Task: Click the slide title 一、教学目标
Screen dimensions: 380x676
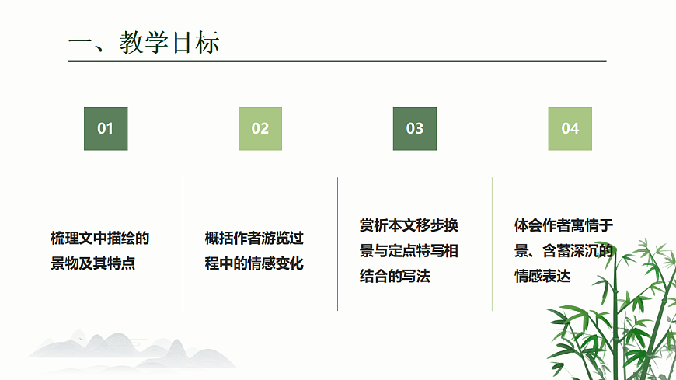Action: coord(144,42)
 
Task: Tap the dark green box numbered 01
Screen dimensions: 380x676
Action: coord(106,128)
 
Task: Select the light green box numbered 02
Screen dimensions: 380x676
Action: coord(260,128)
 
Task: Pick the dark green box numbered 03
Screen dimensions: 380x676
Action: coord(415,128)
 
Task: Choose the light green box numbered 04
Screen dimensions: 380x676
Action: coord(570,128)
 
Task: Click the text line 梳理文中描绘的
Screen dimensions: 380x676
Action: coord(100,238)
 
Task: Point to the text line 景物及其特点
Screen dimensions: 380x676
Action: coord(93,263)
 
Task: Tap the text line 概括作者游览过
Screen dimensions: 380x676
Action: coord(254,238)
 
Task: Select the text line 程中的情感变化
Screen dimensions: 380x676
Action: coord(254,263)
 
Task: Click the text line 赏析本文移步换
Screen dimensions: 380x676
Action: coord(409,225)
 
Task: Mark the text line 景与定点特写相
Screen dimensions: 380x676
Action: coord(409,251)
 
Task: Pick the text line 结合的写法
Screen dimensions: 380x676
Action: coord(395,276)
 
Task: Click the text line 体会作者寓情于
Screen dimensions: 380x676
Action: coord(564,225)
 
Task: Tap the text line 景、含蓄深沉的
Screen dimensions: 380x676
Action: coord(564,251)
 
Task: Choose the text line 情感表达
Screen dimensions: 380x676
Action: coord(542,276)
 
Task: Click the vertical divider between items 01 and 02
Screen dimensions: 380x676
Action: coord(183,244)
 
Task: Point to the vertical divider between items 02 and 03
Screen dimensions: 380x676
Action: coord(338,244)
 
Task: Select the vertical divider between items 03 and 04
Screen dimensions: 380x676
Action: coord(493,244)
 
